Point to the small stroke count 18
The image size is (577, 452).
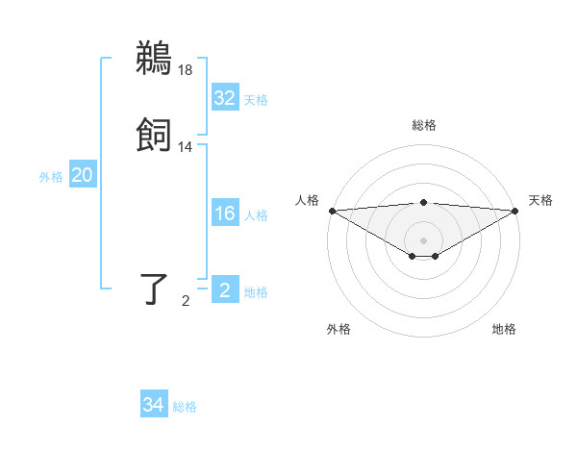[x=186, y=69]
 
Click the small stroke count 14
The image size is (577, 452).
[x=186, y=146]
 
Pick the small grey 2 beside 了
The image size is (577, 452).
[x=186, y=301]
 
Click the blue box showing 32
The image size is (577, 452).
[x=224, y=98]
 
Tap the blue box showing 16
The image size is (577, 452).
[x=224, y=213]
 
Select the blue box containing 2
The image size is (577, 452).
[x=224, y=290]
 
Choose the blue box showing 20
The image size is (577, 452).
[x=82, y=175]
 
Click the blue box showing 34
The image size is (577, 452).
[x=154, y=405]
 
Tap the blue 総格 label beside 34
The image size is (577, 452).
[x=186, y=407]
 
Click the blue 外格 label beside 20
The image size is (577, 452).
[x=51, y=177]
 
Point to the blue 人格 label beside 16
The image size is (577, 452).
[x=256, y=215]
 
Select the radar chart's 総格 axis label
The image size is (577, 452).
[x=424, y=125]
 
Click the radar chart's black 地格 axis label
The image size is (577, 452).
[x=504, y=330]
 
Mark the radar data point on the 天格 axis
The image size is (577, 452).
[x=515, y=211]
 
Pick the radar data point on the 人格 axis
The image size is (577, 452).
[x=332, y=211]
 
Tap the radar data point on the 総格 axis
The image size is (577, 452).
[x=424, y=202]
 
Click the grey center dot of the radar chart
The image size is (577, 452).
[x=424, y=239]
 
